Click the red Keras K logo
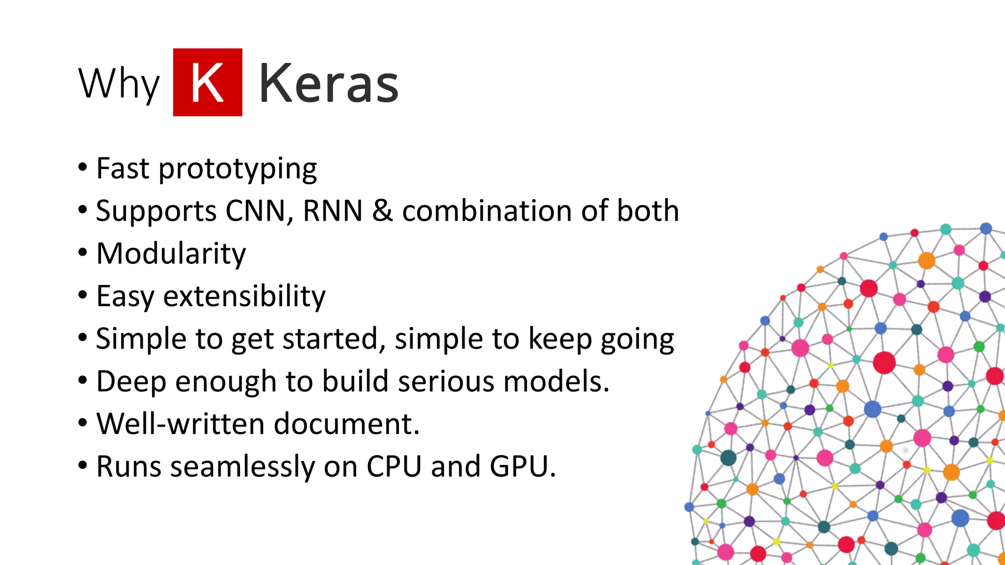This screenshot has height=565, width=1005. (208, 82)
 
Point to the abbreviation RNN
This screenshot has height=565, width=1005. (333, 211)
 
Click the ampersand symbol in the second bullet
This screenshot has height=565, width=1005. (382, 211)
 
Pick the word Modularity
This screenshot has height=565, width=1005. (171, 254)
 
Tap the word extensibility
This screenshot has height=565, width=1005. (244, 296)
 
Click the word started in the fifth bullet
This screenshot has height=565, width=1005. (333, 339)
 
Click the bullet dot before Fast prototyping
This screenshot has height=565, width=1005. (82, 167)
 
